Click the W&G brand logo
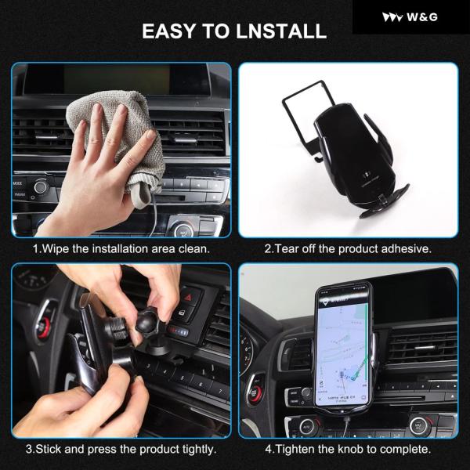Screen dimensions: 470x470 point(410,17)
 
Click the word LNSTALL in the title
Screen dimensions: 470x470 point(281,31)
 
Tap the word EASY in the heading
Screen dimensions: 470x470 point(168,31)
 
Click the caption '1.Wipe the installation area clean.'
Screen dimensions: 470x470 point(121,249)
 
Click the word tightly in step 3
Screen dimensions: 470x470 point(197,449)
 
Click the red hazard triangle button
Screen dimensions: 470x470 point(189,297)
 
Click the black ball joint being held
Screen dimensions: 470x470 point(148,321)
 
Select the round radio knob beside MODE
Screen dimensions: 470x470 point(41,187)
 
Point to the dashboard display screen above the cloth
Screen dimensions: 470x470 point(117,79)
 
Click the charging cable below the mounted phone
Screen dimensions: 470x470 point(347,425)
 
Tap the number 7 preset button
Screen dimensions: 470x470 point(219,391)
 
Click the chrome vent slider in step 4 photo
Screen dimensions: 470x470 point(425,348)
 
